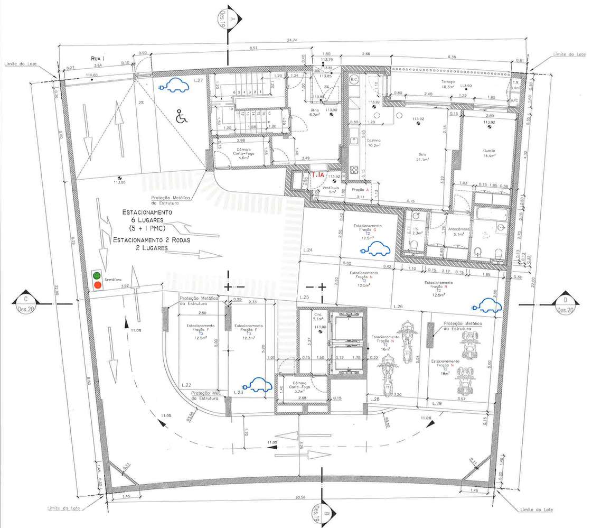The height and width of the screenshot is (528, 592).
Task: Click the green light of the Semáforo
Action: point(97,275)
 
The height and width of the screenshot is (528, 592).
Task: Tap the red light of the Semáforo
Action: point(97,285)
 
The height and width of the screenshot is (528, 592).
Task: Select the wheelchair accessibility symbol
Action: point(180,115)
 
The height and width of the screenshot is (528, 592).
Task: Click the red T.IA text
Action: point(317,174)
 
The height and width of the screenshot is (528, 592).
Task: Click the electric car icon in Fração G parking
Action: point(376,248)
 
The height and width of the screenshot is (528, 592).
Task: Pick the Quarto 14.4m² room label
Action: point(488,153)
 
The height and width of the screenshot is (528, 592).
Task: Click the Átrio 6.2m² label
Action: point(315,112)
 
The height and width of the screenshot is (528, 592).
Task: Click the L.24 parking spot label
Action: point(309,249)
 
